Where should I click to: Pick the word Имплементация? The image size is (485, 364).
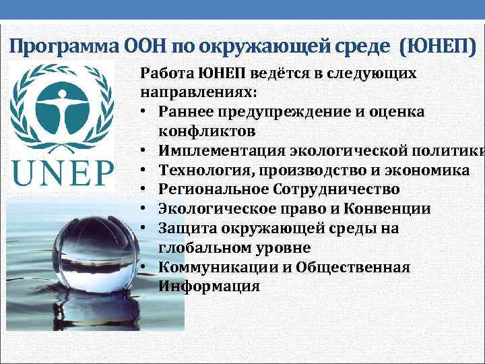pos(216,151)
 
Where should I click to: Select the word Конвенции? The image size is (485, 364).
pos(361,209)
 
